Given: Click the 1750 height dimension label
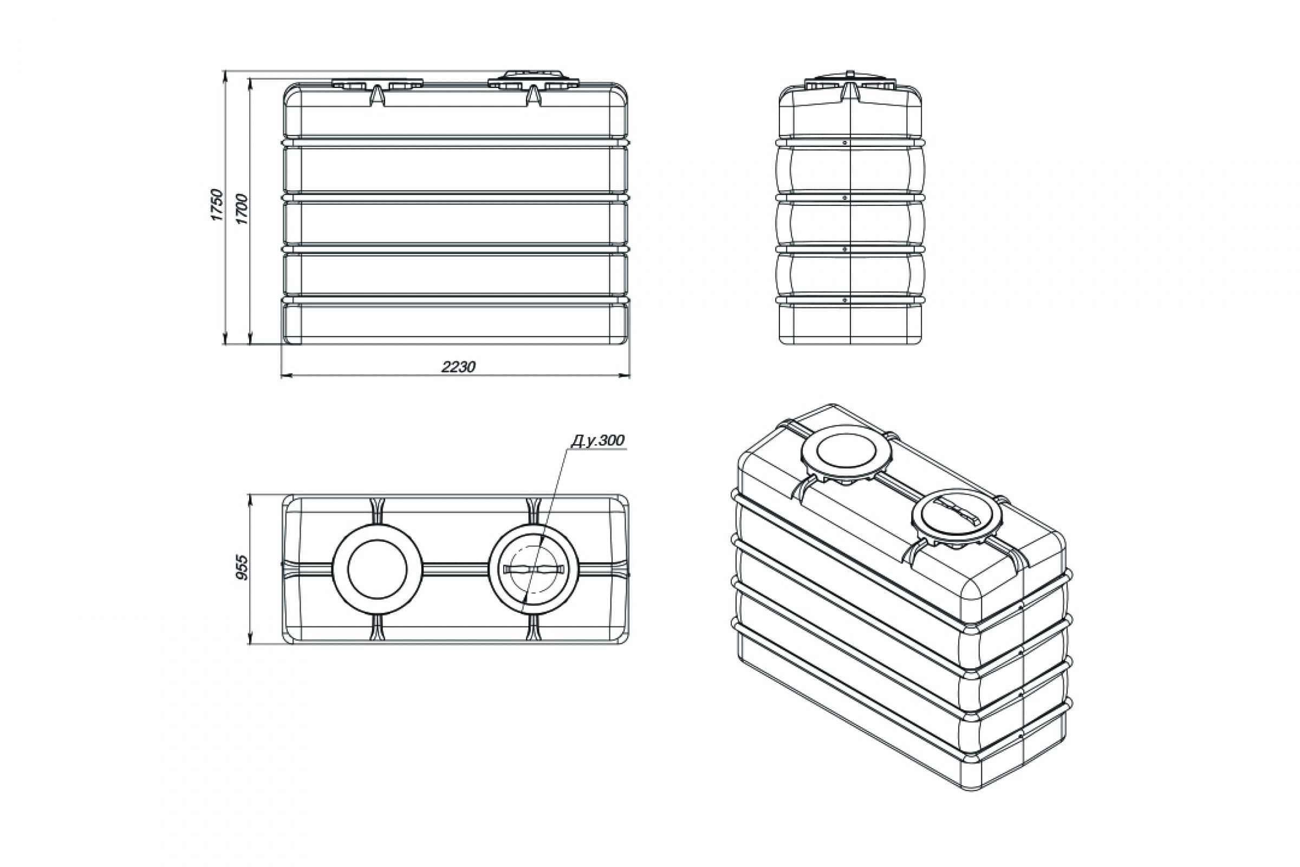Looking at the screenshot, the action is click(217, 205).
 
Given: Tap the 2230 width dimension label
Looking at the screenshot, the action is click(458, 367).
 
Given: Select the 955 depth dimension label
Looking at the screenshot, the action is click(243, 568).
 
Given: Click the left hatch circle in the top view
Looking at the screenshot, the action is click(377, 569).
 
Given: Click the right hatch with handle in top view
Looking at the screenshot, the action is click(534, 569).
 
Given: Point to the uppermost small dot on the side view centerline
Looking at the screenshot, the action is click(845, 142).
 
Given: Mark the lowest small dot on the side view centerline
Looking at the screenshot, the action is click(845, 300).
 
